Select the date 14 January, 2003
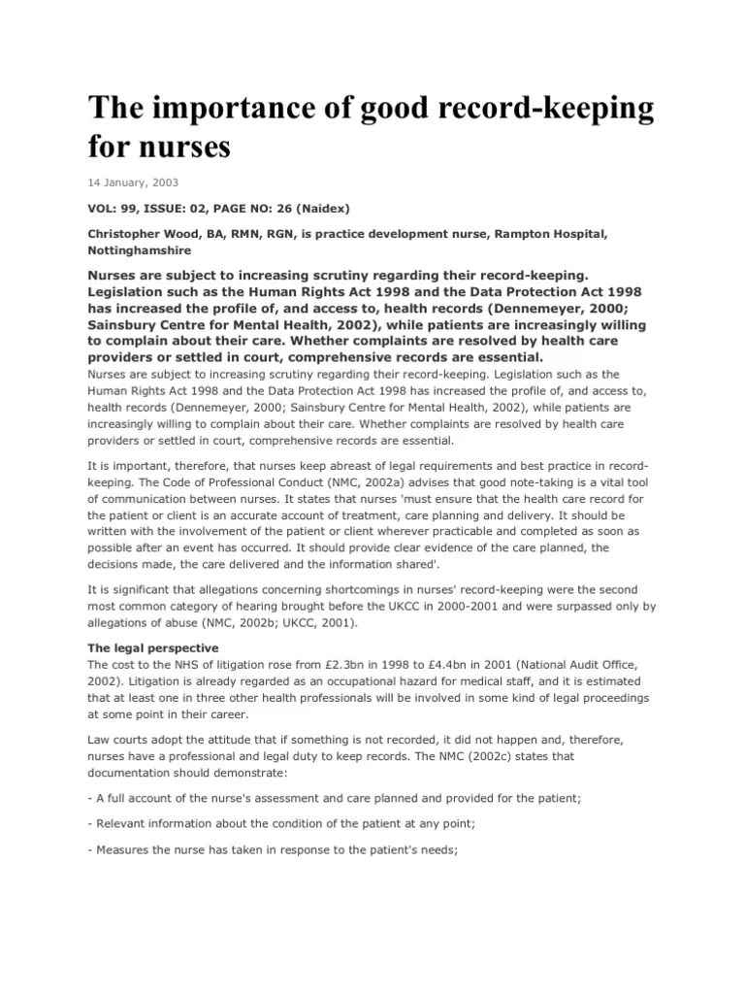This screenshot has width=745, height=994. coord(133,182)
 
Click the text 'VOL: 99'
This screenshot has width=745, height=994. coord(113,208)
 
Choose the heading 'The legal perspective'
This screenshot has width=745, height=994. coord(153,647)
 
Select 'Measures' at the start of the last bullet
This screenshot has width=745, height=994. coord(127,849)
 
